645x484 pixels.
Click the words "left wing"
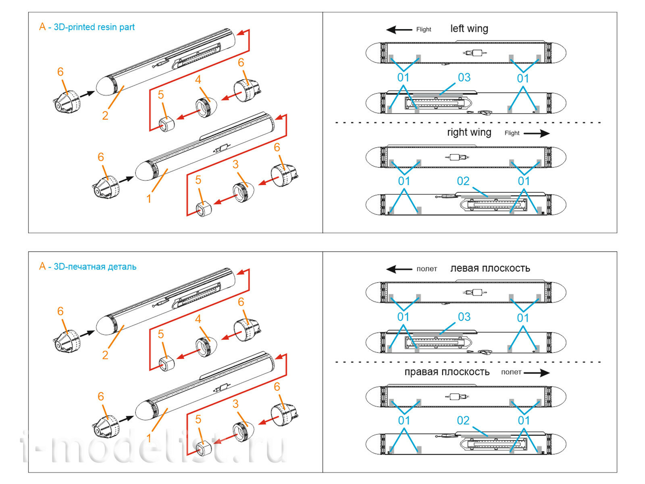(469, 29)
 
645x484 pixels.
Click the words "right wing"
(469, 132)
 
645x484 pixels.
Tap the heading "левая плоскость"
(490, 268)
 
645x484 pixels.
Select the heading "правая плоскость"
(447, 372)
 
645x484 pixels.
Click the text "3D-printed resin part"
(94, 27)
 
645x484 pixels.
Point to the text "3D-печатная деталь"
(95, 267)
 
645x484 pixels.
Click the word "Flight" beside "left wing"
(423, 29)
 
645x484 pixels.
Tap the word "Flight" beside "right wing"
(512, 133)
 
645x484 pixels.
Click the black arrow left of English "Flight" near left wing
(399, 29)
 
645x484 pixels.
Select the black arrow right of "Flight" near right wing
(537, 133)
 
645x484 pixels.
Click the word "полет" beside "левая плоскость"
(427, 269)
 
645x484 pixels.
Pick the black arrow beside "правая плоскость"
(537, 373)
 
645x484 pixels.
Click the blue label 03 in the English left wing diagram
(464, 77)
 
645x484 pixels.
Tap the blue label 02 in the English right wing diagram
(463, 181)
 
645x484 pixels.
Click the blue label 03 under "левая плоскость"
(464, 317)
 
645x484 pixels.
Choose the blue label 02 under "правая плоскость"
(463, 421)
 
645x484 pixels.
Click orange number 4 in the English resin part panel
(198, 80)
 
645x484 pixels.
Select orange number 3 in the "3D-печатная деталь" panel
(235, 404)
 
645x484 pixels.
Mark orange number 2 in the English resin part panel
(105, 116)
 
